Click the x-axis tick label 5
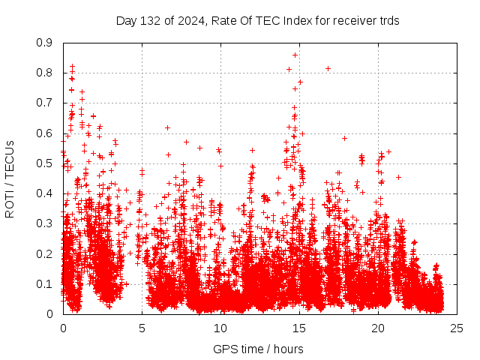pyautogui.click(x=142, y=328)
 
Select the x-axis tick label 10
pyautogui.click(x=220, y=328)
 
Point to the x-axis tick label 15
pyautogui.click(x=299, y=328)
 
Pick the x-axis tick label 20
pyautogui.click(x=378, y=328)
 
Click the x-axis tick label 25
pyautogui.click(x=457, y=328)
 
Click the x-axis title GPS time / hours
pyautogui.click(x=259, y=349)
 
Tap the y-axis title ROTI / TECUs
pyautogui.click(x=10, y=178)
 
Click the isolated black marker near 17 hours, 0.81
pyautogui.click(x=328, y=68)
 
